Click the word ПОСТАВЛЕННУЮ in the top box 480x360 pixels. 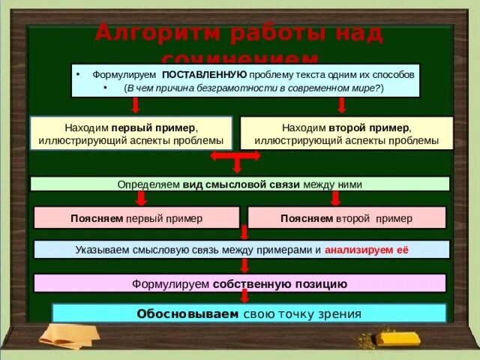pyautogui.click(x=205, y=75)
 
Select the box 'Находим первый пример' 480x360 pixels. pyautogui.click(x=129, y=133)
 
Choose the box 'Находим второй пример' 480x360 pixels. pyautogui.click(x=346, y=133)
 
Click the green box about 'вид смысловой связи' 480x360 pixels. pyautogui.click(x=239, y=184)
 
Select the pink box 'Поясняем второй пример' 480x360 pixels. pyautogui.click(x=346, y=218)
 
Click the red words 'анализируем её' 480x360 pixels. pyautogui.click(x=367, y=250)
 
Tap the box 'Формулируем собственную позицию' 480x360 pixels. pyautogui.click(x=239, y=283)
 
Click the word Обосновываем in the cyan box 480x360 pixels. pyautogui.click(x=188, y=313)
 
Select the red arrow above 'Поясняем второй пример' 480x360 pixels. pyautogui.click(x=335, y=199)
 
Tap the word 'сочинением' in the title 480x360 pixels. pyautogui.click(x=239, y=58)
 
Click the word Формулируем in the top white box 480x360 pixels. pyautogui.click(x=124, y=75)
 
